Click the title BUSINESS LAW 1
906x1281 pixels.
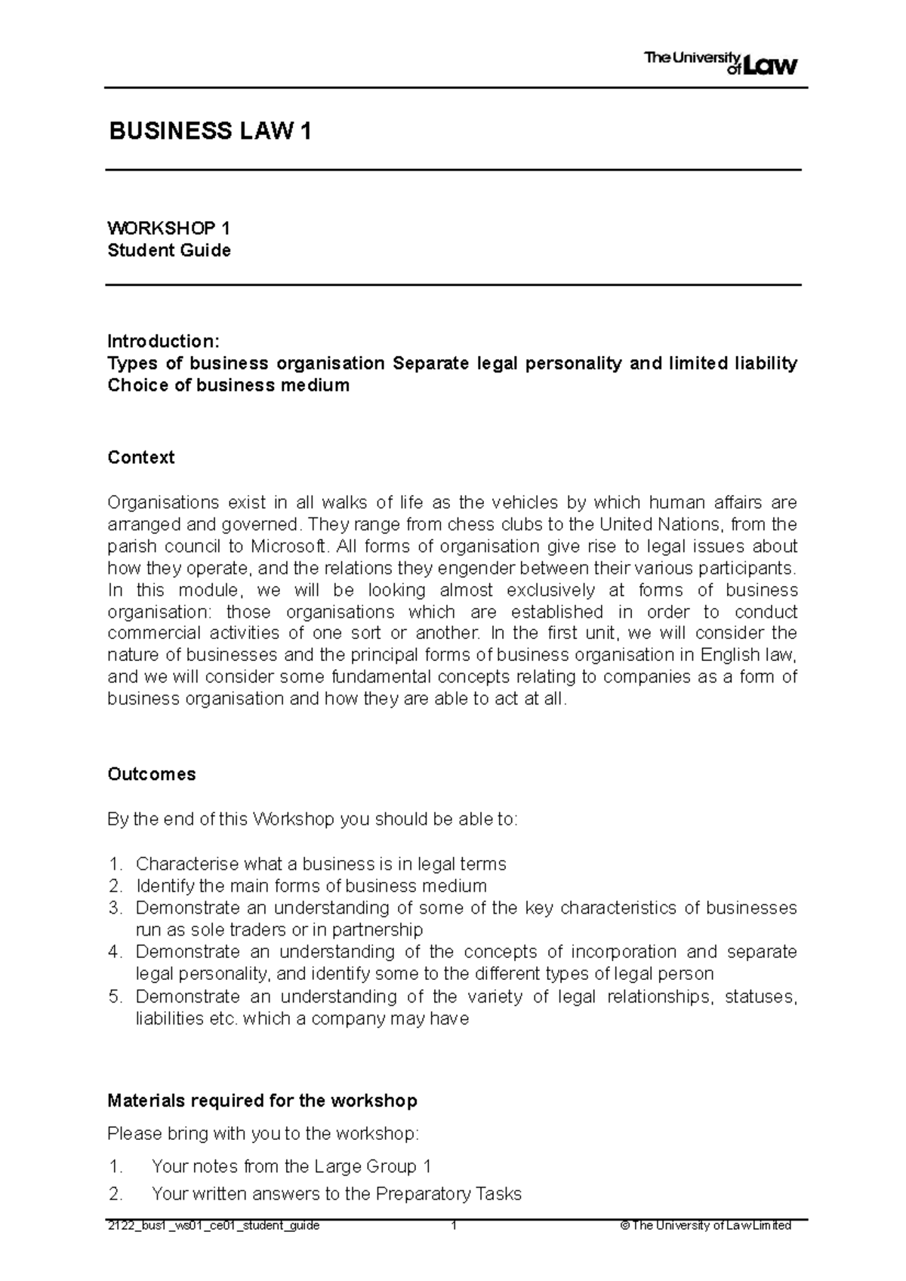(210, 132)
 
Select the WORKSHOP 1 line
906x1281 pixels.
(168, 229)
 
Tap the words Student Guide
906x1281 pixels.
(168, 250)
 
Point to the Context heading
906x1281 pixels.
(140, 457)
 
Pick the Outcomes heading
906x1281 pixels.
(151, 774)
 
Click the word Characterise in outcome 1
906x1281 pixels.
(186, 864)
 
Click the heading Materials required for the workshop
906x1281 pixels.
(262, 1101)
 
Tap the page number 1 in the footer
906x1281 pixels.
(454, 1226)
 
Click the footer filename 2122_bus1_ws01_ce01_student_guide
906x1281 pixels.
(213, 1226)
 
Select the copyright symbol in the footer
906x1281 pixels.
(624, 1226)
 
